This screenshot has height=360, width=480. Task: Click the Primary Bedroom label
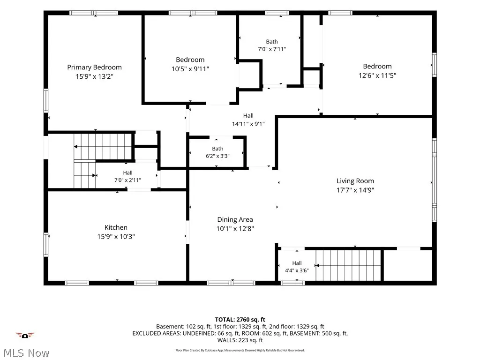(x=94, y=67)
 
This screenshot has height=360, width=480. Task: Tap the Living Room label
(x=355, y=181)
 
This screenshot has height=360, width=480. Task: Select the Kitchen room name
(x=116, y=227)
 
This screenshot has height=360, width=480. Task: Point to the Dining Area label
(x=235, y=219)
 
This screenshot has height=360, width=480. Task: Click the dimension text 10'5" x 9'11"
(x=190, y=69)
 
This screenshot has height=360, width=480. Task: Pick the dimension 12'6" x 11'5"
(x=377, y=75)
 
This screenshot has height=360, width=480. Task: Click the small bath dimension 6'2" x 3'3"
(x=217, y=156)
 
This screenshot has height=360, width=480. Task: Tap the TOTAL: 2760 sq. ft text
(x=240, y=320)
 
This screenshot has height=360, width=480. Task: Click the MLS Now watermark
(x=26, y=353)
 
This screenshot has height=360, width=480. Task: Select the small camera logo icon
(x=25, y=336)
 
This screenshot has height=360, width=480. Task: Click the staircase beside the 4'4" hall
(x=348, y=265)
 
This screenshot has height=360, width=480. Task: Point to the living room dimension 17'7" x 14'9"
(x=355, y=190)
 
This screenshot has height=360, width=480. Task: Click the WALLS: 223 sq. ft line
(x=240, y=340)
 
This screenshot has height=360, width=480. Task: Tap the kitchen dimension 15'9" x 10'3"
(x=116, y=237)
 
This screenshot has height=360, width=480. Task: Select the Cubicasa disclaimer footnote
(x=240, y=350)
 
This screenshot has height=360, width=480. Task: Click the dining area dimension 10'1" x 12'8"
(x=235, y=229)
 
